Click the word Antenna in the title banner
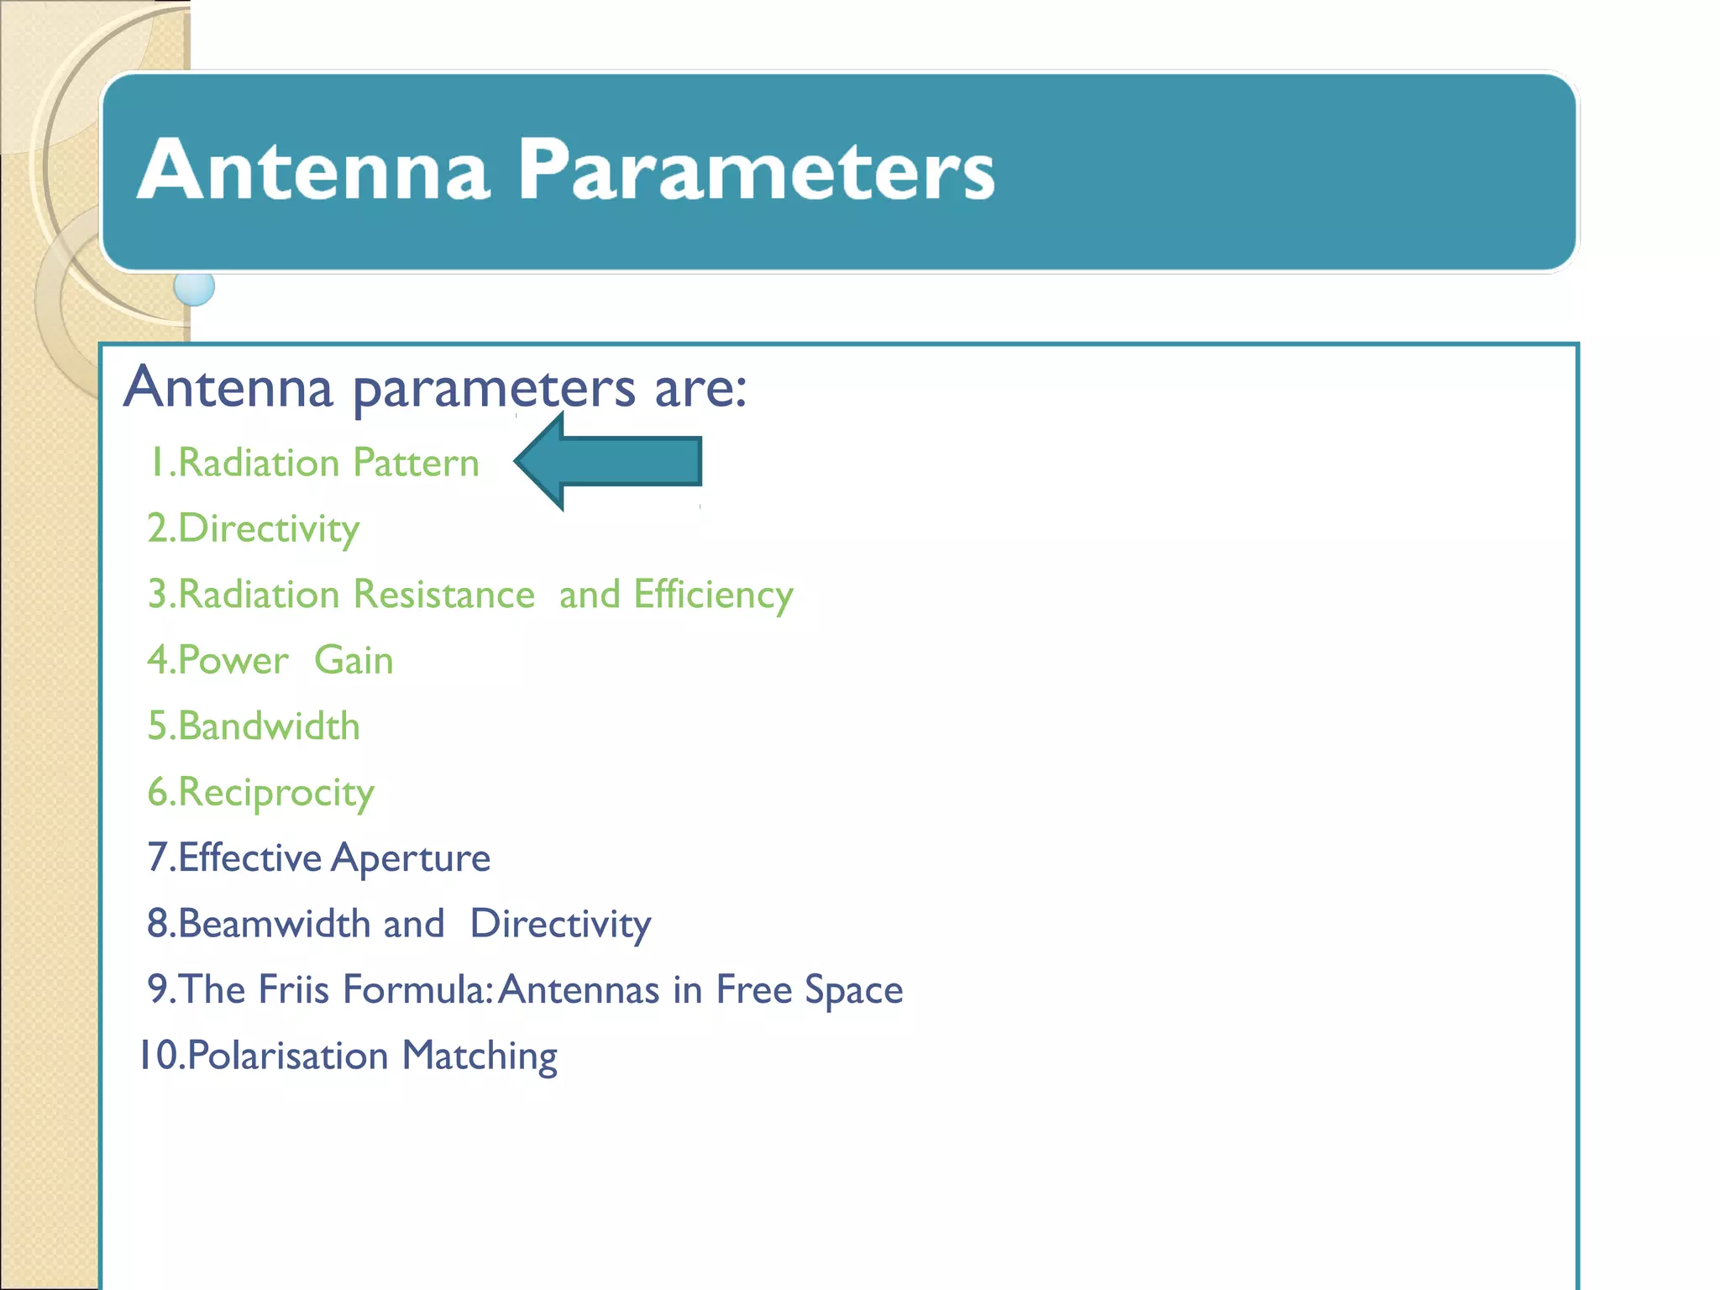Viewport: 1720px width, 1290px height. coord(312,170)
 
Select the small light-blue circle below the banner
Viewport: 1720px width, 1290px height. coord(194,287)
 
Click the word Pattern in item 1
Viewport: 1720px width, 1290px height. coord(416,463)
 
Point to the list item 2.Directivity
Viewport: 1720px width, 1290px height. coord(253,529)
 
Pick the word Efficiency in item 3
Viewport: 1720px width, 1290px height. coord(713,595)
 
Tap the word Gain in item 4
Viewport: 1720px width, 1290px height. coord(354,660)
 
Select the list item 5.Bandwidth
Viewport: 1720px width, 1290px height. coord(254,726)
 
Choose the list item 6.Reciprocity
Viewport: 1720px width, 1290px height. coord(260,793)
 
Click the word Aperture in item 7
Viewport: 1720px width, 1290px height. coord(411,858)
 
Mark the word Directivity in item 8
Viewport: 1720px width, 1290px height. coord(560,925)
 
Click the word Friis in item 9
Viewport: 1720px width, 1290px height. coord(293,989)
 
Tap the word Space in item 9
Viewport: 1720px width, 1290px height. coord(853,990)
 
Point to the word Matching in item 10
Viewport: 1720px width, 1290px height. coord(480,1056)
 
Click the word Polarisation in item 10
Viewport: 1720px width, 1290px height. coord(288,1056)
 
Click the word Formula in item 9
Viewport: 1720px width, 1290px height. coord(416,989)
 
